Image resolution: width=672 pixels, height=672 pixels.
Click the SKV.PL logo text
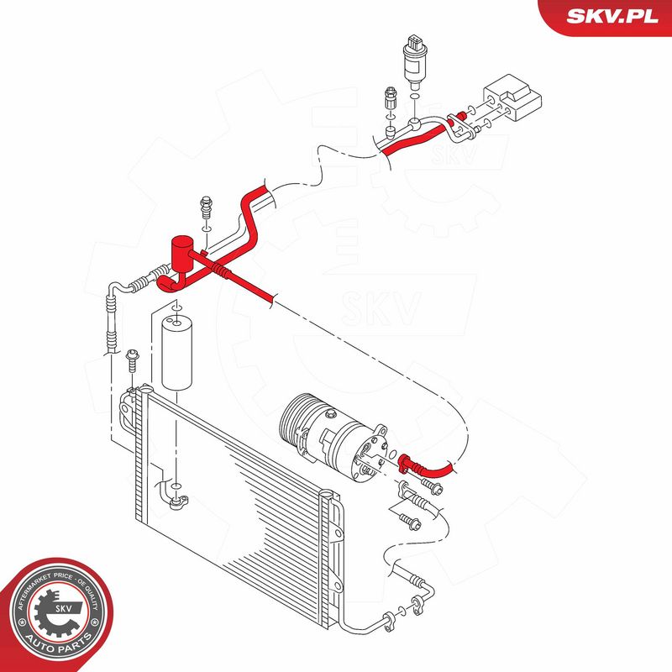(x=612, y=16)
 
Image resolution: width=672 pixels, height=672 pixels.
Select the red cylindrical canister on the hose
(x=182, y=254)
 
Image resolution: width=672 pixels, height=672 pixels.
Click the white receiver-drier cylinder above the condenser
(x=176, y=352)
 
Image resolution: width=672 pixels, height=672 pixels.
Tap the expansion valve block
(x=512, y=97)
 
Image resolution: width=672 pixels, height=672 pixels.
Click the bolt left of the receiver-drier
(x=132, y=361)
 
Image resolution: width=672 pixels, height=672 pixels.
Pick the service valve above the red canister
(x=207, y=207)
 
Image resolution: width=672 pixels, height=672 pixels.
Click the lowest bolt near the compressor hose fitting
(x=410, y=521)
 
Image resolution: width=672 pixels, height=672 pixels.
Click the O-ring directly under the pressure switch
(x=414, y=96)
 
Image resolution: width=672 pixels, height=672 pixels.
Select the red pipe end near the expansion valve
(x=461, y=115)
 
